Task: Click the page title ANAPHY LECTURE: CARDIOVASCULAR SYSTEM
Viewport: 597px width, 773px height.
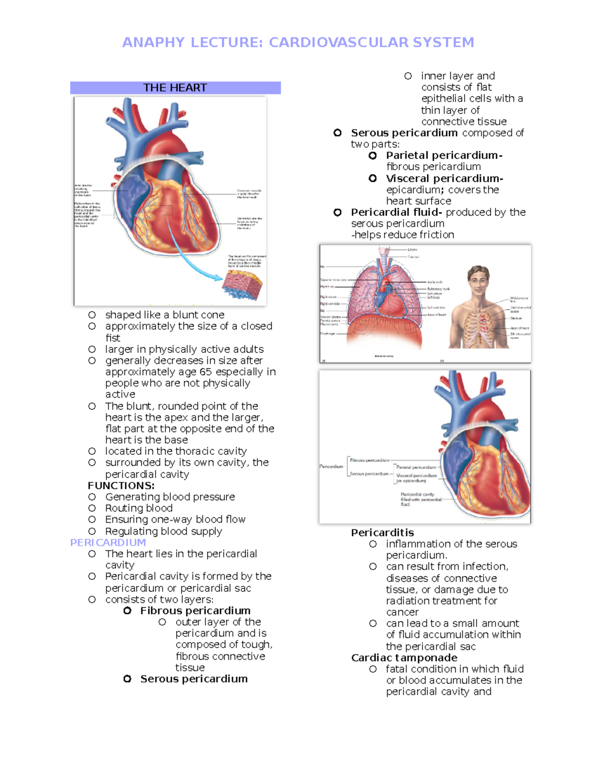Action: click(x=298, y=42)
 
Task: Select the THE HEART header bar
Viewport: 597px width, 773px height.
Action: click(x=175, y=88)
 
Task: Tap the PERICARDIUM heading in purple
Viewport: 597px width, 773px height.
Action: click(x=108, y=543)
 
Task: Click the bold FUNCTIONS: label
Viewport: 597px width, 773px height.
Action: click(x=121, y=486)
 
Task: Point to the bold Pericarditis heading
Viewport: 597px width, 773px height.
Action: click(x=382, y=533)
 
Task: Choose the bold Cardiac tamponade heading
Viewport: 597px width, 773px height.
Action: click(x=404, y=658)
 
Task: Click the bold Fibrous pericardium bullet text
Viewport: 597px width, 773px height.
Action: click(x=195, y=611)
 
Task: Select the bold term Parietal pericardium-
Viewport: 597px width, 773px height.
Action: click(x=444, y=155)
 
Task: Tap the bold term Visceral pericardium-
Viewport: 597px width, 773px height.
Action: click(x=444, y=178)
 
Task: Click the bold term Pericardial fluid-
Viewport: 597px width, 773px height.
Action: click(x=396, y=212)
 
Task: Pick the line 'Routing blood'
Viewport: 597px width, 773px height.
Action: click(x=139, y=508)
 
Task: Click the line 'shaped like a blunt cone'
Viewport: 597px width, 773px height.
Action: click(x=165, y=315)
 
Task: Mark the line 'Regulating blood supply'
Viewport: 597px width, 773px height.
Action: click(x=164, y=531)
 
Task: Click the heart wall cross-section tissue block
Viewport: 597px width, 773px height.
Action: click(x=242, y=285)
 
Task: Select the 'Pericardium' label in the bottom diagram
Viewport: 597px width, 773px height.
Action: click(x=331, y=466)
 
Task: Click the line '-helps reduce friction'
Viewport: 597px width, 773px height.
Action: click(x=402, y=235)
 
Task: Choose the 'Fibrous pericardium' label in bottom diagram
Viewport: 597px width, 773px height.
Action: click(x=369, y=460)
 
